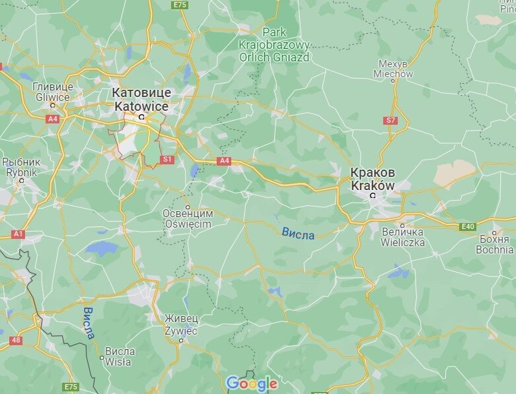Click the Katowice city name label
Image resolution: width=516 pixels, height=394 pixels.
[x=141, y=99]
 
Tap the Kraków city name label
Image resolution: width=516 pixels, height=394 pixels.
[x=373, y=178]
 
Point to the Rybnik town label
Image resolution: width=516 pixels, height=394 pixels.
[x=21, y=167]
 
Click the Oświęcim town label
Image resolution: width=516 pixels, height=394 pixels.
[x=188, y=219]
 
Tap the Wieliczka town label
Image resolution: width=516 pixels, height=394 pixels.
[x=403, y=237]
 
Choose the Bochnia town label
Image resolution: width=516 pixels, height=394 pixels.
[x=494, y=244]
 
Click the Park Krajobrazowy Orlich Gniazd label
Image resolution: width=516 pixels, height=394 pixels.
[x=274, y=45]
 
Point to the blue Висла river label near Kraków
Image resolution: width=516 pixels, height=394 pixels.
[x=298, y=233]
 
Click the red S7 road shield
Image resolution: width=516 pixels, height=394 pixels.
[x=390, y=120]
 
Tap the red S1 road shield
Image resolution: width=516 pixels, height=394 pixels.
[x=167, y=159]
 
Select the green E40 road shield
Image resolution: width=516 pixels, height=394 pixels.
[x=468, y=226]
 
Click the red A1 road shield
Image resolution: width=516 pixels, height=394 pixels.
[x=18, y=234]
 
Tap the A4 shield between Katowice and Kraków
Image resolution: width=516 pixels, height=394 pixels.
[x=224, y=160]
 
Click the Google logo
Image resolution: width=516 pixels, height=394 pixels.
[x=250, y=383]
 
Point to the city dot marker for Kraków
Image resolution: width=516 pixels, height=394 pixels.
[x=373, y=195]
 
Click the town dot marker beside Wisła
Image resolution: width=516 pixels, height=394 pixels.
[x=102, y=358]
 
